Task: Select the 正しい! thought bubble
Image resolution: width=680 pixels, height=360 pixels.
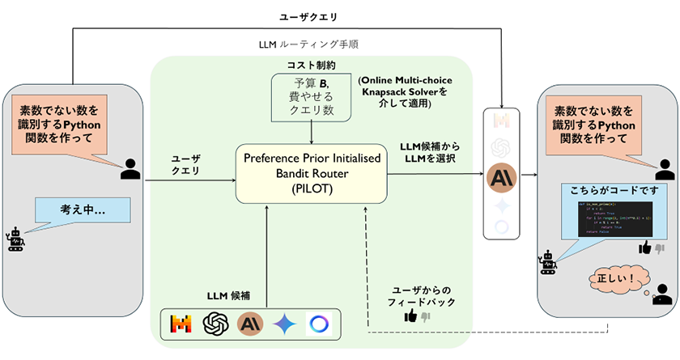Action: click(618, 277)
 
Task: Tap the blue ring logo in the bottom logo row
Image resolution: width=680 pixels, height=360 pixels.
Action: click(319, 324)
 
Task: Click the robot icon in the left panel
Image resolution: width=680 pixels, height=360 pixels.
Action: click(15, 241)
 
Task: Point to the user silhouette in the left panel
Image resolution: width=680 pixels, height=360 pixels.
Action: click(130, 167)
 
